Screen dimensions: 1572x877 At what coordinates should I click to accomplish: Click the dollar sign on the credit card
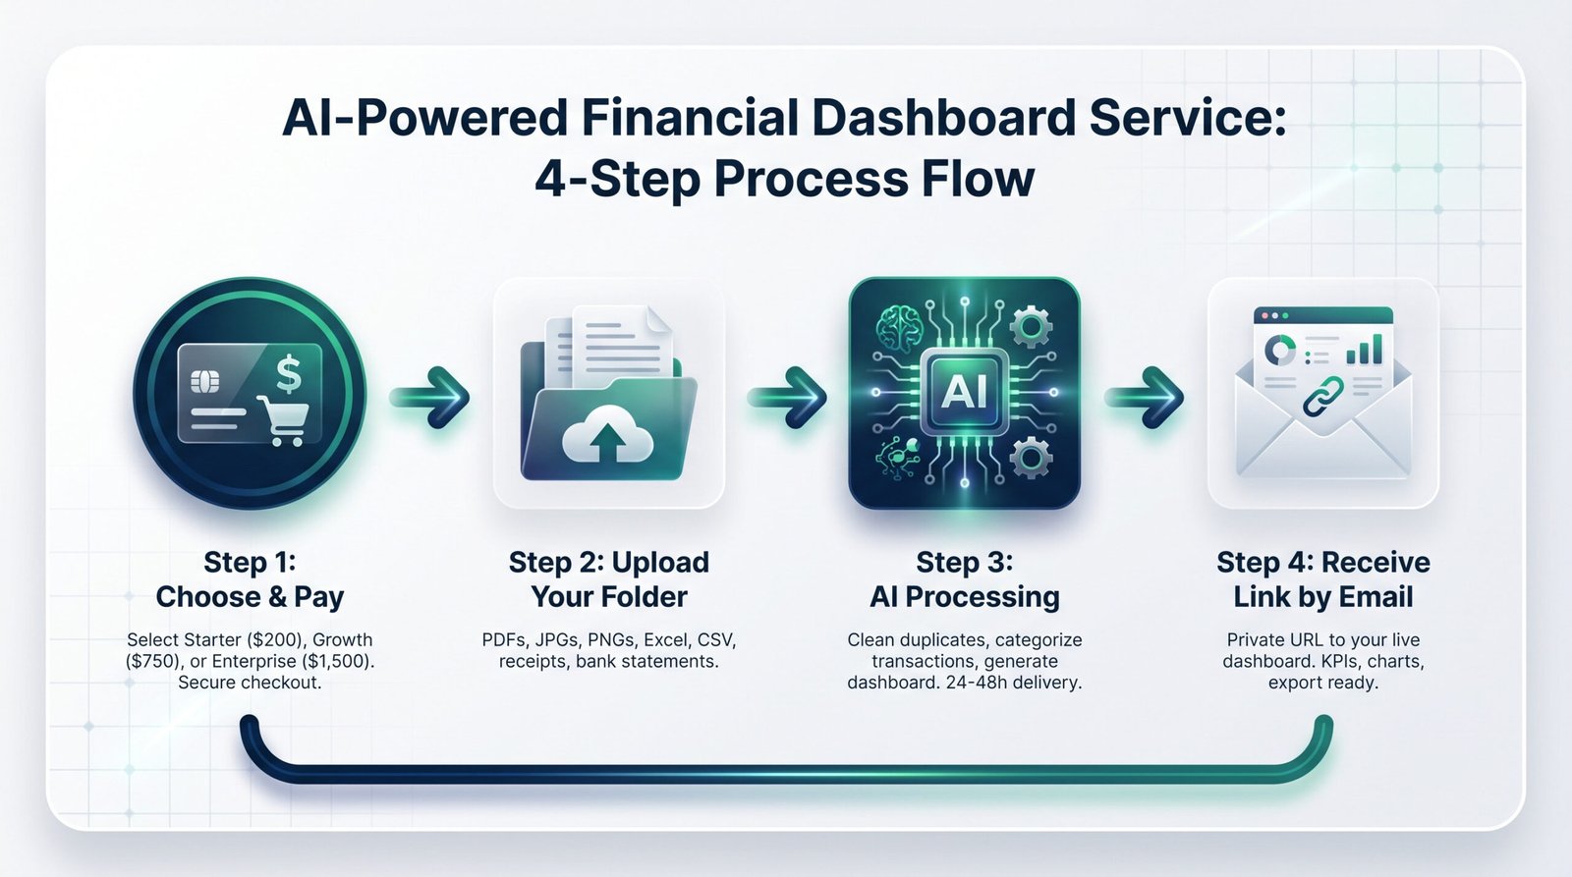289,373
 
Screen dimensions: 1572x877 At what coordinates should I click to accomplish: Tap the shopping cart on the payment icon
283,420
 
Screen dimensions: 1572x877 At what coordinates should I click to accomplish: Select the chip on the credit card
205,382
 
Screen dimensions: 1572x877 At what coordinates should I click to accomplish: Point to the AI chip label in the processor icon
964,392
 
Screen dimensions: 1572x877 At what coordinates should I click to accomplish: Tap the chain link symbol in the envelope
1322,396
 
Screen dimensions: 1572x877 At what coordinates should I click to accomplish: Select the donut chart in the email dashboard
1280,350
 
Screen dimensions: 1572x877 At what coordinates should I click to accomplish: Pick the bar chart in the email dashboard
1365,350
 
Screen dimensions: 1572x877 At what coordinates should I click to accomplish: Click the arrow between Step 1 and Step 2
429,397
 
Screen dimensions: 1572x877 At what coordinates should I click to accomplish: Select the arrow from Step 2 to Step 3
787,397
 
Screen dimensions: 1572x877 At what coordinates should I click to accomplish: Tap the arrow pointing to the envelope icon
1145,397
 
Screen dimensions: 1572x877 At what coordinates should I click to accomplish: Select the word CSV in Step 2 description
716,640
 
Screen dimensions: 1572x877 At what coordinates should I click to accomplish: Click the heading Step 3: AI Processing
964,579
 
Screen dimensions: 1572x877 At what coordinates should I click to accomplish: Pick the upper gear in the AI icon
1030,326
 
